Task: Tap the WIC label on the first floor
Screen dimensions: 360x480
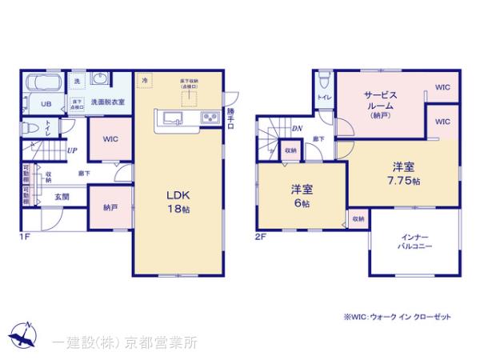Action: [x=110, y=138]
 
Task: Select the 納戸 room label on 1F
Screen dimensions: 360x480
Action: [x=110, y=206]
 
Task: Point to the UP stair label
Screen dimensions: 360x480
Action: [x=72, y=150]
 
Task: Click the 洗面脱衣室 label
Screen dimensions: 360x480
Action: [x=106, y=102]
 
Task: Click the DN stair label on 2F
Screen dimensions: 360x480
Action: [x=296, y=128]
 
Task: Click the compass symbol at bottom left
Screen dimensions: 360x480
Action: [x=24, y=336]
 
